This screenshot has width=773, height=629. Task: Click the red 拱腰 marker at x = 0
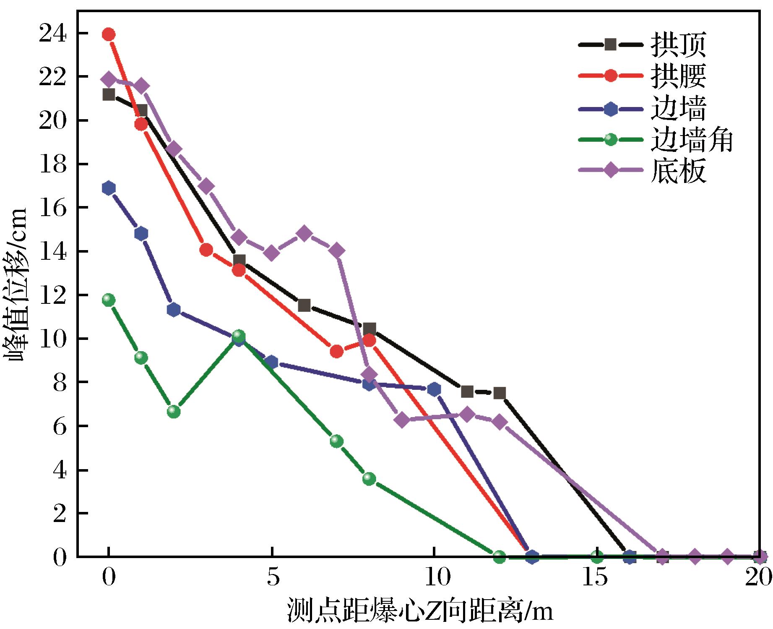(109, 34)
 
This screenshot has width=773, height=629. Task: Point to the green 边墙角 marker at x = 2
(174, 412)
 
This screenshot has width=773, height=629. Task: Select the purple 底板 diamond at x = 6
(304, 233)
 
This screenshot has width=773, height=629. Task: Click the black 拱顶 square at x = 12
(499, 393)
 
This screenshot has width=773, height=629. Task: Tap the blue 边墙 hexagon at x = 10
(434, 389)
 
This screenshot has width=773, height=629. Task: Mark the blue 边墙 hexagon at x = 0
(109, 188)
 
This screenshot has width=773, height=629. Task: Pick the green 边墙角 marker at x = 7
(336, 441)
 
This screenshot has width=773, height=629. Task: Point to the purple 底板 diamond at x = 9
(402, 420)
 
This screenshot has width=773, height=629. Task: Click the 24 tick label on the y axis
(53, 34)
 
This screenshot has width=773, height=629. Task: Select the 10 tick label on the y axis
(53, 339)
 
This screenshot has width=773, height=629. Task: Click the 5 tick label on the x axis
(272, 579)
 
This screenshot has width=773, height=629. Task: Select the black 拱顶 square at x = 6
(304, 305)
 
